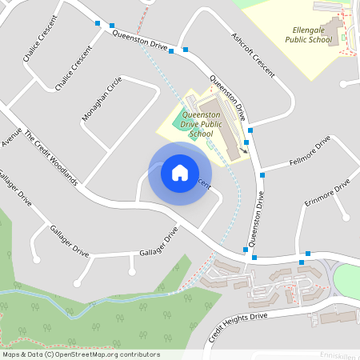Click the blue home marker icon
pos(180,172)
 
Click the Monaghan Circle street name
pos(102,99)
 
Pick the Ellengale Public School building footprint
pos(335,33)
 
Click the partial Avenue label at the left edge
pos(10,138)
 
